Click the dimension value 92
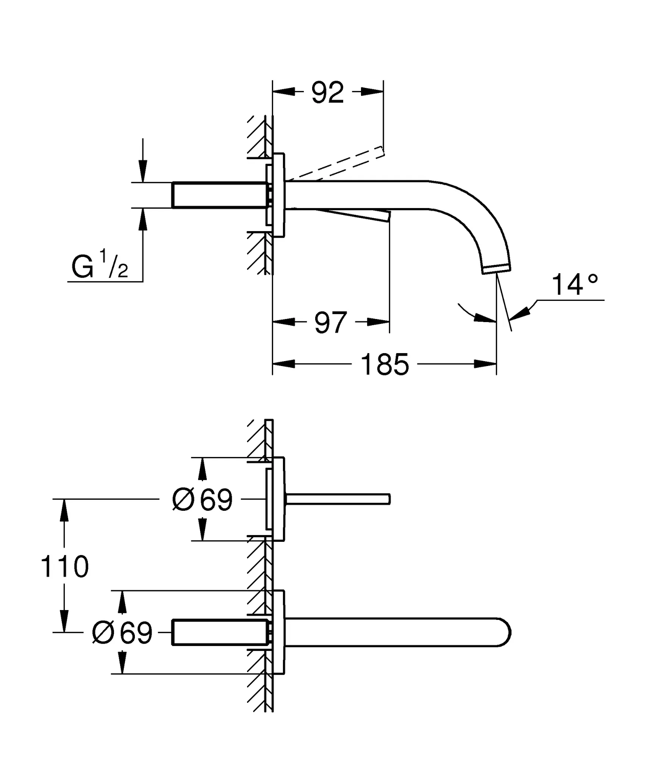coord(328,92)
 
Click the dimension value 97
coord(330,323)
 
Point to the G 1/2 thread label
coord(99,267)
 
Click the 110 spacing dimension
coord(64,567)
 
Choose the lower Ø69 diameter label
coord(122,632)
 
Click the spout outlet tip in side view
coord(497,269)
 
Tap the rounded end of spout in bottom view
coord(506,632)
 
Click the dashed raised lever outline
coord(337,164)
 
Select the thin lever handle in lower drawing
coord(337,499)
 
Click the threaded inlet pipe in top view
coord(220,195)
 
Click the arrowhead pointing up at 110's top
coord(64,510)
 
